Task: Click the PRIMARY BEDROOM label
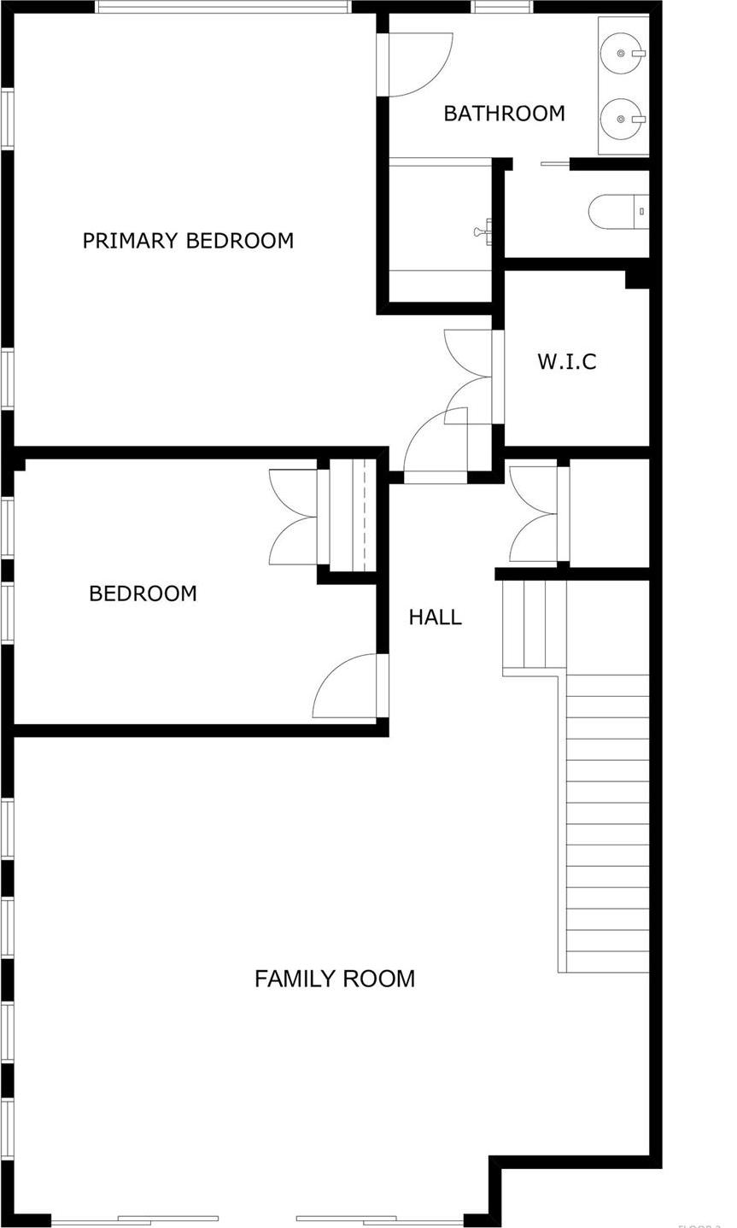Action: click(x=188, y=241)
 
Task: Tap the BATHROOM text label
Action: click(x=504, y=114)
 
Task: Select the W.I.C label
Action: click(x=566, y=361)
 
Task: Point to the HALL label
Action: click(x=435, y=617)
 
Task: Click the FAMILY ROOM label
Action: click(x=335, y=979)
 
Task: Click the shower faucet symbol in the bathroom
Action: click(x=483, y=231)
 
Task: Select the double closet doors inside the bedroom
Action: click(x=295, y=517)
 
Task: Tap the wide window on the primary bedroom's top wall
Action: click(x=223, y=7)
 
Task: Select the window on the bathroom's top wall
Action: click(x=502, y=7)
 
